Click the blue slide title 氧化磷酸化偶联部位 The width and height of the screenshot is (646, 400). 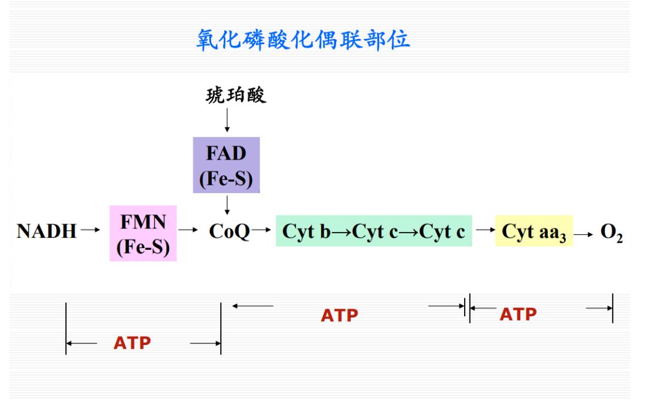pos(303,40)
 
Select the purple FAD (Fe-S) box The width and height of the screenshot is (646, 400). pos(226,165)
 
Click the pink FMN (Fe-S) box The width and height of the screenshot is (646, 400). pos(143,233)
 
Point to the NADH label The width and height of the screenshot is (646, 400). pos(47,232)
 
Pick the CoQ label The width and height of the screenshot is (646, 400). pos(229,232)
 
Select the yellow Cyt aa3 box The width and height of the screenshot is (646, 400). pos(534,232)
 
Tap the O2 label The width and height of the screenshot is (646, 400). pos(612,233)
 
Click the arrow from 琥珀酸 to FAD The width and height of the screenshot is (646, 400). pos(227,121)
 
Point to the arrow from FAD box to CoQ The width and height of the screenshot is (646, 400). pos(227,205)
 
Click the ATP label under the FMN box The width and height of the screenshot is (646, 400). pos(132,344)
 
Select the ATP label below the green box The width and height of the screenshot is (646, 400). pos(339,316)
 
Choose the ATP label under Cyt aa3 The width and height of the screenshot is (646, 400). pos(518,314)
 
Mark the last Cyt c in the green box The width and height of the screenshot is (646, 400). pos(441,232)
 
